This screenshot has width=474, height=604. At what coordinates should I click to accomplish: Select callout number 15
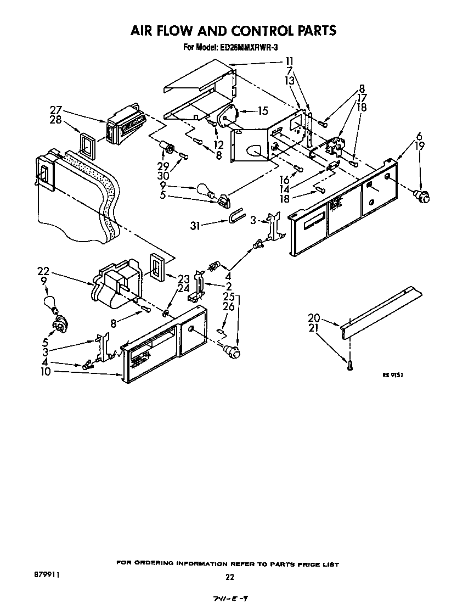(x=262, y=111)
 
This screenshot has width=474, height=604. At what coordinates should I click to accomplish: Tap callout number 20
(x=313, y=317)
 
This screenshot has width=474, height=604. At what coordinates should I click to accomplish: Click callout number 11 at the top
(x=289, y=61)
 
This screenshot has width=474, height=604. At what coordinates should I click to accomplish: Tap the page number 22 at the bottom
(x=230, y=577)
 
